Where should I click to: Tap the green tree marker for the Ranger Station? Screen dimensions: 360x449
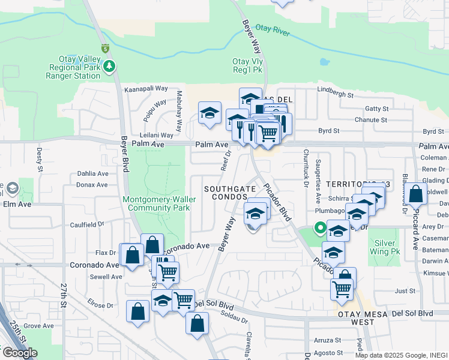[109, 65]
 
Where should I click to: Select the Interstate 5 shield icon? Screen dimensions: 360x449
[105, 48]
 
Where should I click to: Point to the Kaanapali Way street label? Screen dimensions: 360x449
[145, 88]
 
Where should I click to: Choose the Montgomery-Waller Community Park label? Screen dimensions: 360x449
[156, 203]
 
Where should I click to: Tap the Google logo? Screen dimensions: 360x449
[20, 353]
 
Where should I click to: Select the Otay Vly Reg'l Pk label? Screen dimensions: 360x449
[248, 65]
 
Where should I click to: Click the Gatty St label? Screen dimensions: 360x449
[376, 109]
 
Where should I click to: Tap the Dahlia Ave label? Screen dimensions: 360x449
[92, 173]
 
